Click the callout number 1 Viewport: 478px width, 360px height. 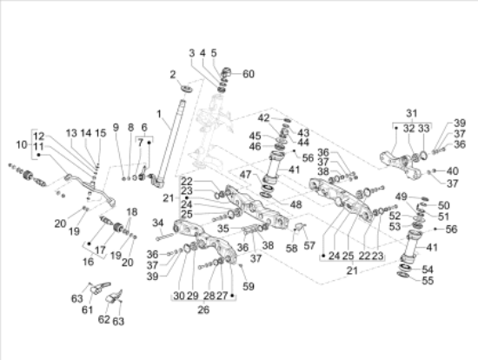point(159,114)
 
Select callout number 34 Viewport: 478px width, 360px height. point(159,223)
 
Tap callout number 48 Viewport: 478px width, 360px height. point(271,205)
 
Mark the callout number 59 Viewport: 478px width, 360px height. point(249,286)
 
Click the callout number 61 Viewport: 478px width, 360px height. point(87,310)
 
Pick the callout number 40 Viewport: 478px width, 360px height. point(453,170)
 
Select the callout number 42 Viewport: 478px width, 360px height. point(264,117)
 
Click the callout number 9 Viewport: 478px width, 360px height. point(116,129)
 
